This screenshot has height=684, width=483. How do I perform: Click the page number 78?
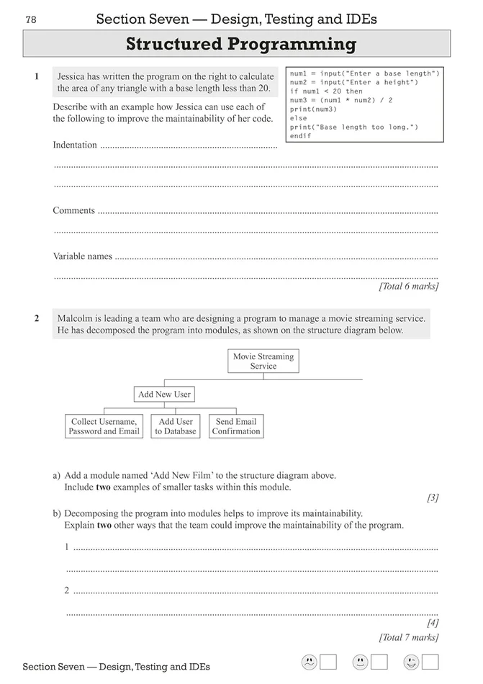[30, 19]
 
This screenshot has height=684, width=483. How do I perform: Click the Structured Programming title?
[241, 45]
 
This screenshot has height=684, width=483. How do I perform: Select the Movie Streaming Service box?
[263, 361]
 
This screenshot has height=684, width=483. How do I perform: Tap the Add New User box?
[164, 395]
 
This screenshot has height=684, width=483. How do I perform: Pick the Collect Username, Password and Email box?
[104, 426]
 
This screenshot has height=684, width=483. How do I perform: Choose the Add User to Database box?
[176, 426]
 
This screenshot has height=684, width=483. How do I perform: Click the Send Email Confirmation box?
[236, 426]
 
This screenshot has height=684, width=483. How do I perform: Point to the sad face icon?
[308, 662]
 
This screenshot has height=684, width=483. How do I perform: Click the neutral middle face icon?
[360, 662]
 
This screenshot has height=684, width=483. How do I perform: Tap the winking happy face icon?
[411, 662]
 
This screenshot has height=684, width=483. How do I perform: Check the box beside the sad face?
[328, 662]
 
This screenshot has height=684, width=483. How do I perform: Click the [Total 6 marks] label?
[408, 287]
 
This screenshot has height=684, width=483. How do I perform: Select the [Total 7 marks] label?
[408, 636]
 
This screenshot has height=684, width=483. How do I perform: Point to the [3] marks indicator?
[433, 498]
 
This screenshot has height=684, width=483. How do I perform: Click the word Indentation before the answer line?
[75, 145]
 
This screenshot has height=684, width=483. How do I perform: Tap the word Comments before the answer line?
[74, 211]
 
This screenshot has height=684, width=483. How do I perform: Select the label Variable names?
[83, 256]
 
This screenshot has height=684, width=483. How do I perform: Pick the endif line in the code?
[300, 136]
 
